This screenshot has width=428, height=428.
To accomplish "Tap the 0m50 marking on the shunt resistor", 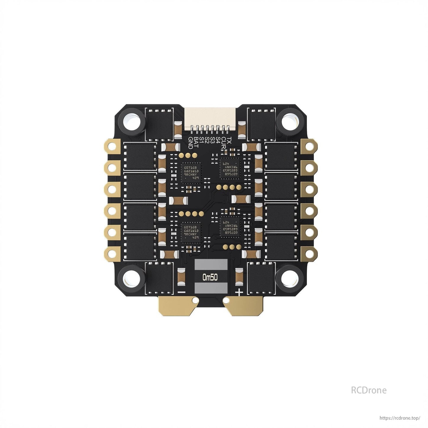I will [210, 277].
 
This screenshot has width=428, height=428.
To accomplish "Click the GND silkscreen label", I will [190, 143].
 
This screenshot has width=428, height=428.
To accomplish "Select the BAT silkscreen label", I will [196, 142].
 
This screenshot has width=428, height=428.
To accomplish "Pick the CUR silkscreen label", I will [224, 142].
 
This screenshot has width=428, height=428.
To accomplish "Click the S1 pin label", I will [202, 140].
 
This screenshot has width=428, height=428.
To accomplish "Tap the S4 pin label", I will [218, 140].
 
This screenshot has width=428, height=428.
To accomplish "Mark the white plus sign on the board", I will [239, 292].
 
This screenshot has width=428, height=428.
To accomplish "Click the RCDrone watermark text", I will [368, 390].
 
